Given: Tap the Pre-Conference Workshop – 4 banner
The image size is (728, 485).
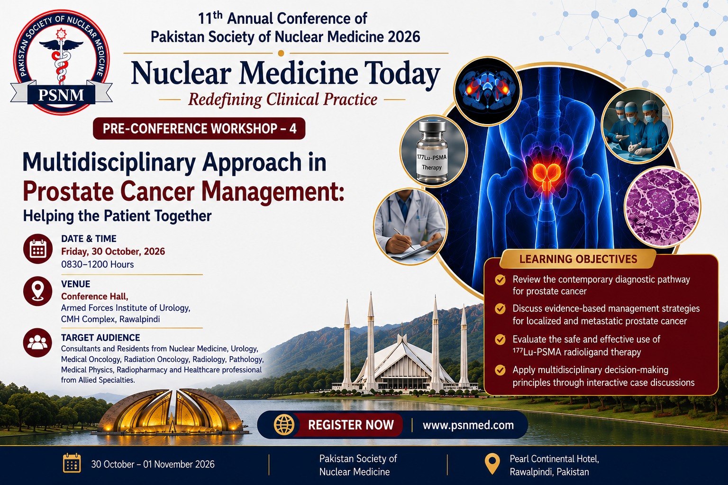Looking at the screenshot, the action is click(199, 129).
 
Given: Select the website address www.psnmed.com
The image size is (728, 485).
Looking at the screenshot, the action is click(468, 425).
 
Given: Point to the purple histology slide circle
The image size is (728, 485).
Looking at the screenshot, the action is click(663, 207).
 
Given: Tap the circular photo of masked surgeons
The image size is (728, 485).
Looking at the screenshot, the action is click(637, 126).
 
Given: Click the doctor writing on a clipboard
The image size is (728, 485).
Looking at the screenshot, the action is click(410, 226).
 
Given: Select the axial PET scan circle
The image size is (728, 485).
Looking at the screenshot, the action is click(488, 91).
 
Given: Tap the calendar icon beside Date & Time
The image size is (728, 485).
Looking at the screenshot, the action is click(38, 249).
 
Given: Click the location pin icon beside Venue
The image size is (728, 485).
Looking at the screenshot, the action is click(38, 291).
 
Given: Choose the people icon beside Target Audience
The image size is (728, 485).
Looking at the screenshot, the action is click(38, 343).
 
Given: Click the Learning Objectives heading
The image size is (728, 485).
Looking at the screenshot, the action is click(578, 259).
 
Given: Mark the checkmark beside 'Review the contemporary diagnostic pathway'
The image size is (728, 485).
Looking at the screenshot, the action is click(500, 280).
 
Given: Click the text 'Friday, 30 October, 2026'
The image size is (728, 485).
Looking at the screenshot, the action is click(113, 252).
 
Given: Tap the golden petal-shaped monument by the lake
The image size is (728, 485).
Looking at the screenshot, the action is click(172, 413).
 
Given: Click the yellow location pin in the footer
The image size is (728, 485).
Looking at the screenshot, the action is click(492, 464).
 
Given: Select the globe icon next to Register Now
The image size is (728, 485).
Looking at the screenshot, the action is click(284, 425).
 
